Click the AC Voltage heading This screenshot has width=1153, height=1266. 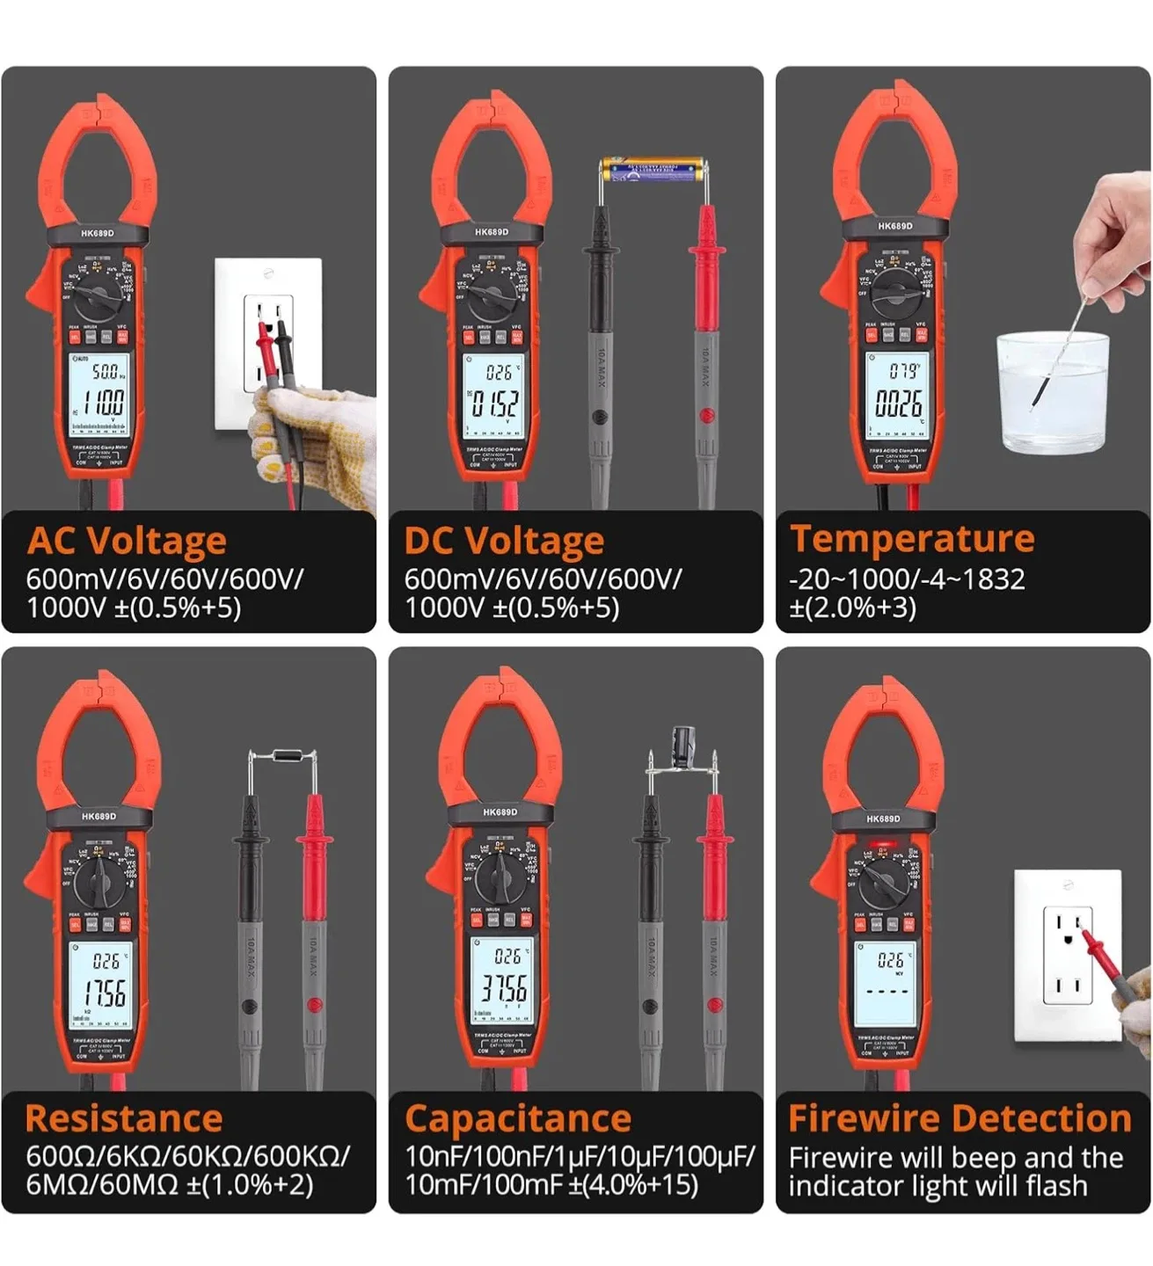click(x=127, y=541)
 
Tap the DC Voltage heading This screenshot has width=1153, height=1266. click(x=504, y=541)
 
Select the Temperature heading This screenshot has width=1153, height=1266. click(x=912, y=538)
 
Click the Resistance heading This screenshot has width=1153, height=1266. click(x=123, y=1118)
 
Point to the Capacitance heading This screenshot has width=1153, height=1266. click(x=518, y=1118)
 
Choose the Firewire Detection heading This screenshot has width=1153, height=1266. click(x=960, y=1118)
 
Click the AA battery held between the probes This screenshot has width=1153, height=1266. click(x=651, y=169)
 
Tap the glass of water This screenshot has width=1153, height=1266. click(x=1052, y=392)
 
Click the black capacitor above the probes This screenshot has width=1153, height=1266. click(x=683, y=747)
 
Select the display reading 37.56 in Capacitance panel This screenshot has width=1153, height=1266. click(x=504, y=988)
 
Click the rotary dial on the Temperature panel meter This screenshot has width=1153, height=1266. click(x=895, y=288)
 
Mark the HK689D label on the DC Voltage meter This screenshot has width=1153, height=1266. click(x=492, y=232)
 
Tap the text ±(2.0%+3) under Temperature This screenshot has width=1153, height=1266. click(x=852, y=608)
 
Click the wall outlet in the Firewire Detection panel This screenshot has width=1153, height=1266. click(x=1068, y=956)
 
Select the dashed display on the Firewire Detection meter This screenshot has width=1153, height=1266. click(x=887, y=990)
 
